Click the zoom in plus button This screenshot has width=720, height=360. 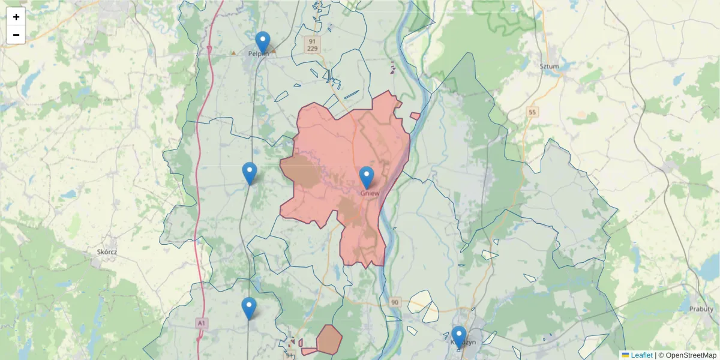tap(16, 17)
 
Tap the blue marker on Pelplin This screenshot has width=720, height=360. tap(263, 43)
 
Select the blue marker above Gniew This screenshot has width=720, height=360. tap(367, 178)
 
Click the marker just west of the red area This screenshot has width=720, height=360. tap(250, 173)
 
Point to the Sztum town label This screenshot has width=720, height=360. tap(549, 66)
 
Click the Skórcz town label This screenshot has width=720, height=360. tap(107, 252)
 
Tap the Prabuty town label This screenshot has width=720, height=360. tap(701, 308)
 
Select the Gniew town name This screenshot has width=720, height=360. tap(370, 193)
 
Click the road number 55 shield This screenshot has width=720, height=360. tap(532, 112)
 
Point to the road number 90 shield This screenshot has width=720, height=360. tap(394, 302)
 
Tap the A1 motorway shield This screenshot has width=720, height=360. tap(202, 323)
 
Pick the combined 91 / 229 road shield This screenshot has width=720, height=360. tap(312, 44)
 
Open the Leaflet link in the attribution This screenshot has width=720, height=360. tap(641, 355)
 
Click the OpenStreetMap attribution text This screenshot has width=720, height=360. tap(688, 355)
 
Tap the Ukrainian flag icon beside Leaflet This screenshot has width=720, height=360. tap(625, 355)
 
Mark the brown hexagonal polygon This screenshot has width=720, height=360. tap(329, 339)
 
